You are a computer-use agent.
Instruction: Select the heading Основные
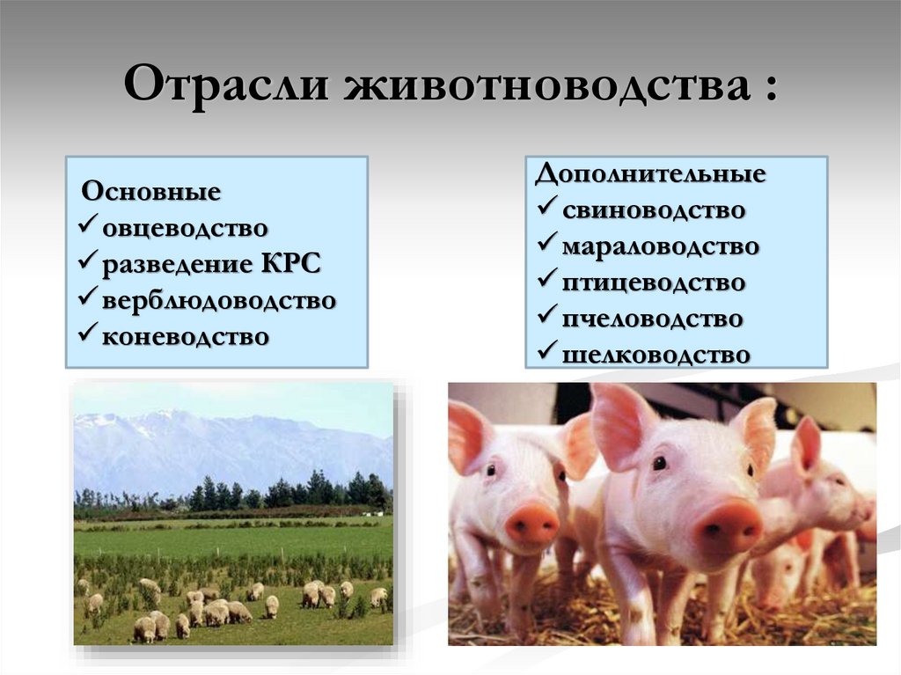[150, 191]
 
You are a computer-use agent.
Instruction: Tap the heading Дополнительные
[650, 173]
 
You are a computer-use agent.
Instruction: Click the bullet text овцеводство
[185, 228]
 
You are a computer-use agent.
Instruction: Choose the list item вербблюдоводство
[219, 300]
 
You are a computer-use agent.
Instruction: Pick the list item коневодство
[186, 335]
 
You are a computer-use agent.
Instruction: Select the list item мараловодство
[660, 246]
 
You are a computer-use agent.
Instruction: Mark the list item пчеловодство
[652, 319]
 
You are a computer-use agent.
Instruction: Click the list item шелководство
[656, 354]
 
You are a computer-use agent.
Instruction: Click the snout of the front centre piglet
[728, 527]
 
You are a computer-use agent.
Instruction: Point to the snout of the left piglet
[531, 524]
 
